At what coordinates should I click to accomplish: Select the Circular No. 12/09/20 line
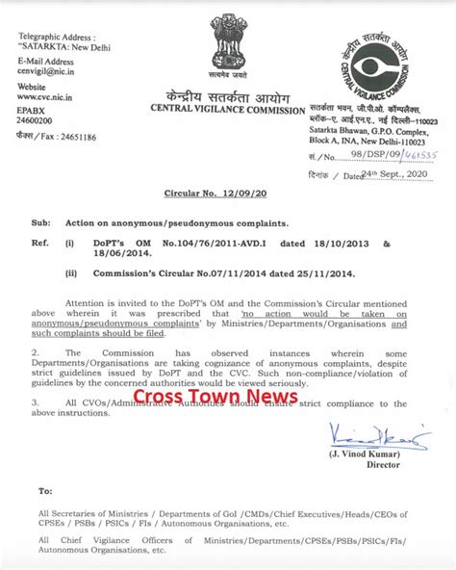(x=226, y=194)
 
